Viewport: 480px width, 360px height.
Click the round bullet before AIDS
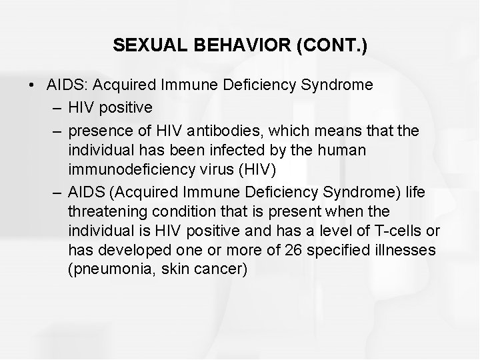[31, 86]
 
